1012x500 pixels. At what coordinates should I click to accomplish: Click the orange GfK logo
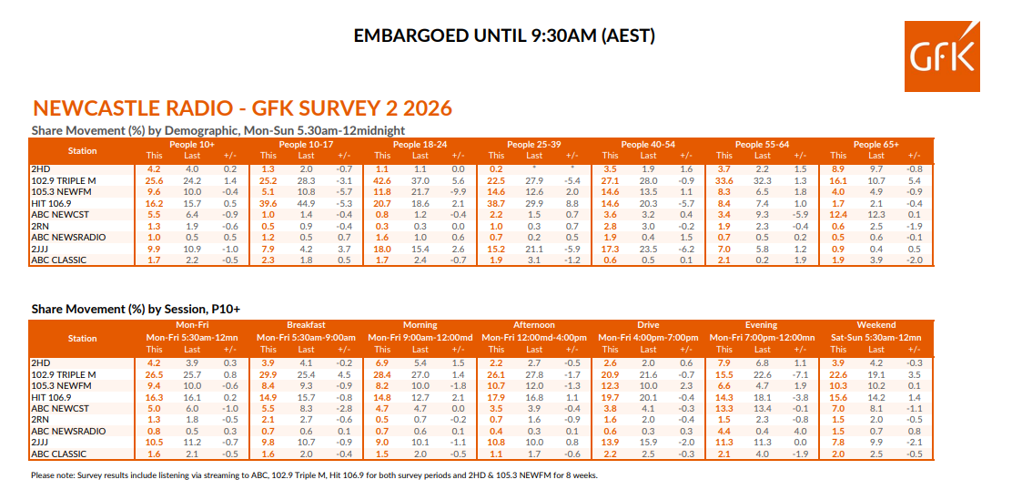coord(942,56)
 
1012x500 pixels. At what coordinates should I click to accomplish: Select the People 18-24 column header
coord(420,145)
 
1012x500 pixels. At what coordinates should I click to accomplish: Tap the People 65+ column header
coord(875,145)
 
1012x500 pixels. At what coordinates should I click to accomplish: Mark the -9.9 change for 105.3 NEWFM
coord(459,191)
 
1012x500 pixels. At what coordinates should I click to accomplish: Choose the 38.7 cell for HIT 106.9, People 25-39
coord(496,203)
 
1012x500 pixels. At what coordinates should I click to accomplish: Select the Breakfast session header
coord(306,325)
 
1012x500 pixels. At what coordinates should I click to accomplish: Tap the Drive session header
coord(648,325)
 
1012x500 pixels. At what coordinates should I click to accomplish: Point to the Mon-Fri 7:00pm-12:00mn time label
coord(762,337)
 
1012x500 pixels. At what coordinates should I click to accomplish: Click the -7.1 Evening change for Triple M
coord(800,373)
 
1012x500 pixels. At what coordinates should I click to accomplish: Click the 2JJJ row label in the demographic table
coord(39,249)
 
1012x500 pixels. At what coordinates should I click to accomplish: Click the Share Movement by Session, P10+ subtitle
coord(136,309)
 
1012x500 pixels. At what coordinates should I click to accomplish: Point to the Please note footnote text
coord(314,475)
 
